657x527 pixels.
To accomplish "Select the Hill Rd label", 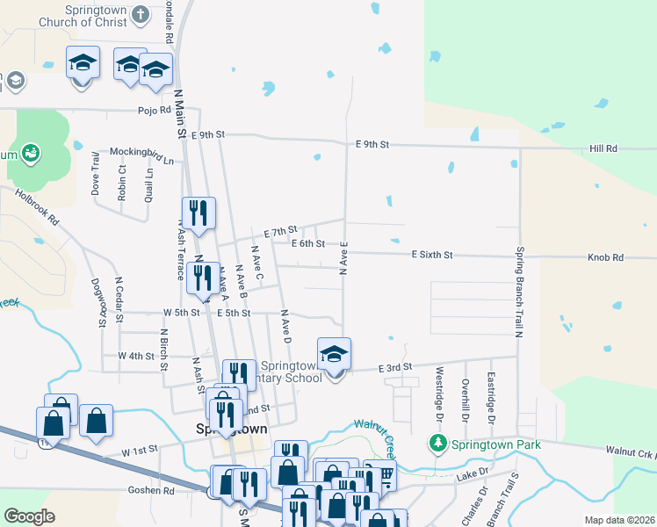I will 603,149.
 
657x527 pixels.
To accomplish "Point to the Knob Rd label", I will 606,257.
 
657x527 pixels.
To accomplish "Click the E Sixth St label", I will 432,255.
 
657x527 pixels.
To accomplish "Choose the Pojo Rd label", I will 153,111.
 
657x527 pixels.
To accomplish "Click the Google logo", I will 29,516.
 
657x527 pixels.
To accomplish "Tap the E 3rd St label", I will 395,367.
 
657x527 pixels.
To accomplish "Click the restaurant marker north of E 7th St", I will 199,213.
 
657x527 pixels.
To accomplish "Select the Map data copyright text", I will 618,520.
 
